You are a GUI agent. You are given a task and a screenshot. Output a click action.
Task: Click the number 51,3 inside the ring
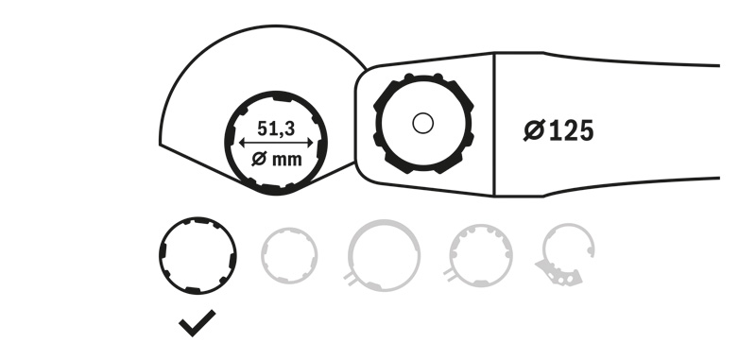point(276,129)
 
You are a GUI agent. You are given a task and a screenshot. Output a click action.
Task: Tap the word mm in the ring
point(286,160)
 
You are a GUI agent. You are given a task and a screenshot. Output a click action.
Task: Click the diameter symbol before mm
point(259,159)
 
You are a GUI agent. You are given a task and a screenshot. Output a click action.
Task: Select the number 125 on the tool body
point(572,131)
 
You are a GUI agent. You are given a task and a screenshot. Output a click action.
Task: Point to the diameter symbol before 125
point(534,130)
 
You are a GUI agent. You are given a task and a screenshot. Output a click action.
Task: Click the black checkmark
point(198,323)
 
